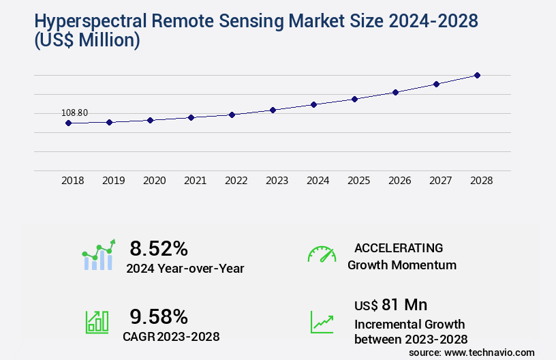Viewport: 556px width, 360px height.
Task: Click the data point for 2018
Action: [68, 123]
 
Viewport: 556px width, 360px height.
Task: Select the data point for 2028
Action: [477, 75]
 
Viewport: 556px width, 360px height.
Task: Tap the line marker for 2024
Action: [313, 104]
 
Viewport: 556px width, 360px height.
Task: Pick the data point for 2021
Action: [191, 117]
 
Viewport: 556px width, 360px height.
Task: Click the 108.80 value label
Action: [74, 112]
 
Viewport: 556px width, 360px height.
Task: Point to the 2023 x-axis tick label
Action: [277, 181]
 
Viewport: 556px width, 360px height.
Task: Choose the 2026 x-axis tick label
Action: [399, 181]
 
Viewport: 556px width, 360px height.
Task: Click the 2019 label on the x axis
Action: [113, 181]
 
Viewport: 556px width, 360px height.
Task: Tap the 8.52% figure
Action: [159, 247]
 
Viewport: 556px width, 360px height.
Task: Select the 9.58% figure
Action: [159, 316]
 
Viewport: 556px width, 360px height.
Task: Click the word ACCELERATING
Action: [399, 247]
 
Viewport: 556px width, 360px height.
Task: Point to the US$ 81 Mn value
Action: [390, 304]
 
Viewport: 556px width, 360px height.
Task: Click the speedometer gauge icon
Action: [322, 254]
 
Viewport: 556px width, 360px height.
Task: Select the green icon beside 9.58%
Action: [96, 321]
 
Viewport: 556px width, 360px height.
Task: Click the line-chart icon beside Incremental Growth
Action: [322, 322]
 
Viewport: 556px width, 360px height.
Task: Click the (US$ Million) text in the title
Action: [76, 41]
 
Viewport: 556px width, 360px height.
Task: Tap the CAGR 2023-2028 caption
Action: [171, 336]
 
